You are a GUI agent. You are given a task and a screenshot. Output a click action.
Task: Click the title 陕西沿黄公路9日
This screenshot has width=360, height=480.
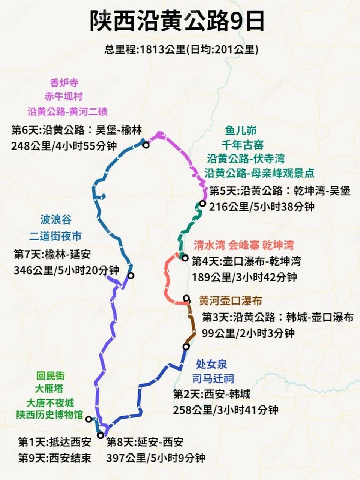[177, 21]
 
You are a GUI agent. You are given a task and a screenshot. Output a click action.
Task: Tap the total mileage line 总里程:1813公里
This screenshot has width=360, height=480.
[181, 49]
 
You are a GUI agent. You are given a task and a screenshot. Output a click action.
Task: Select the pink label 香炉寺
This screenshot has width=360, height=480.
[64, 82]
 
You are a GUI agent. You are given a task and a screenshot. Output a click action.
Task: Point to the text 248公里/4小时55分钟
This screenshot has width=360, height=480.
[64, 146]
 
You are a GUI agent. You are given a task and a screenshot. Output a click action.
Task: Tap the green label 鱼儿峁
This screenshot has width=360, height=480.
[241, 130]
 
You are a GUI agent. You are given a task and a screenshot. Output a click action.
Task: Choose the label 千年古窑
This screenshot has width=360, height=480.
[242, 145]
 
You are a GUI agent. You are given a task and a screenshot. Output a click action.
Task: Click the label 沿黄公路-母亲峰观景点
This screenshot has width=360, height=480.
[259, 173]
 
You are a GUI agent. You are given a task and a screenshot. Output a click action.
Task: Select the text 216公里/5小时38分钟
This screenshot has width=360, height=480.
[262, 207]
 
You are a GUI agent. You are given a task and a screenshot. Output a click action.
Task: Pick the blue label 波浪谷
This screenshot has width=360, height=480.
[56, 219]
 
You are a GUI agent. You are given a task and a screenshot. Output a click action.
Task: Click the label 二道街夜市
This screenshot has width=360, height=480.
[55, 236]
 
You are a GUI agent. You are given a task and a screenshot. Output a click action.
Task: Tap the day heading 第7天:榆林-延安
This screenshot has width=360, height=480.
[52, 255]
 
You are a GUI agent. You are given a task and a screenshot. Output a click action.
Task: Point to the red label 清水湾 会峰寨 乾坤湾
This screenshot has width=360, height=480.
[244, 245]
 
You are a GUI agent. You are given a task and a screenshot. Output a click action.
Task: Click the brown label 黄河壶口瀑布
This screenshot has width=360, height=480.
[230, 301]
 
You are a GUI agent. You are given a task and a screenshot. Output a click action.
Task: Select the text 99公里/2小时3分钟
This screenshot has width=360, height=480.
[248, 333]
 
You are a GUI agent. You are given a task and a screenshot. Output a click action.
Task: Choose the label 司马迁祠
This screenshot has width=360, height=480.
[213, 379]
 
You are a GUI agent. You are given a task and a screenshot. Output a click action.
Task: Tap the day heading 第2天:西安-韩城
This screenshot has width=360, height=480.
[211, 394]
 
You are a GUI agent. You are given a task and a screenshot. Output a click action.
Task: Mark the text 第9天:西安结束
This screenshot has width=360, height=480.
[55, 458]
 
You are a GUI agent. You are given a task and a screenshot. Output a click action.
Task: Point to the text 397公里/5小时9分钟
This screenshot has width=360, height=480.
[156, 458]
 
